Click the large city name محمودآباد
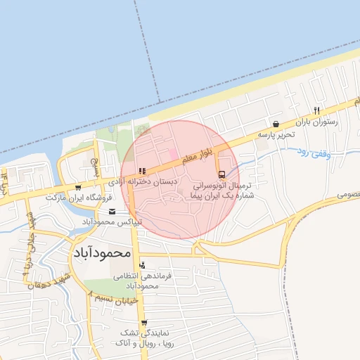pos(102,251)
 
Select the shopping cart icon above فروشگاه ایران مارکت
pos(77,188)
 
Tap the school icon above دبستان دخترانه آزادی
pos(142,171)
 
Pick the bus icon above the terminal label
pos(222,174)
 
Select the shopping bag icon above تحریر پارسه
pos(275,123)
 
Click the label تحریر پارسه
pos(275,134)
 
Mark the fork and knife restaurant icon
pos(317,110)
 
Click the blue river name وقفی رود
pos(313,153)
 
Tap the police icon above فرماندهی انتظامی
pos(143,266)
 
